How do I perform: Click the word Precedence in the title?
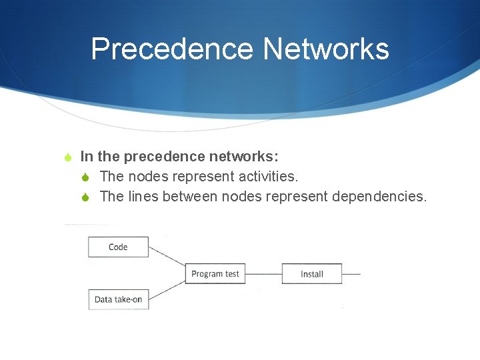tap(171, 49)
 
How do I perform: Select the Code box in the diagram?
tap(118, 247)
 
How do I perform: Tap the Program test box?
tap(215, 273)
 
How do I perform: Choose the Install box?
tap(311, 273)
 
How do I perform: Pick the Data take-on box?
tap(118, 299)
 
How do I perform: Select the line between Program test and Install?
tap(263, 273)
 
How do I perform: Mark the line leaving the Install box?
tap(351, 273)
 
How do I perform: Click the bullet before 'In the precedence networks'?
tap(67, 157)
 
